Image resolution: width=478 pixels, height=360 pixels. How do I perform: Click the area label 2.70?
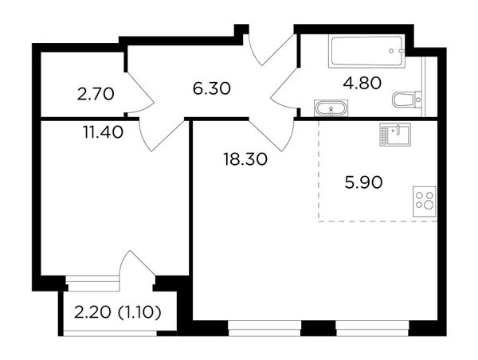[96, 94]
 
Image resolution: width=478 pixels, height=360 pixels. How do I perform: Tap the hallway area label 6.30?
[212, 88]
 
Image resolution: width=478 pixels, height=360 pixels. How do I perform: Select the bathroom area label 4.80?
[362, 83]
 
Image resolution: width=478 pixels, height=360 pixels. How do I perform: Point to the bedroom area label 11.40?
[103, 132]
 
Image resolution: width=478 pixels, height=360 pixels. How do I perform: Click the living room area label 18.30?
[245, 159]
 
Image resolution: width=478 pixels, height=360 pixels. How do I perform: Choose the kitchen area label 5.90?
[364, 182]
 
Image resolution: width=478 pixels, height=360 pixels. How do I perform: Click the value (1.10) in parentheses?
[139, 312]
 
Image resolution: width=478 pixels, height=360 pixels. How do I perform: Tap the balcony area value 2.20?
[92, 312]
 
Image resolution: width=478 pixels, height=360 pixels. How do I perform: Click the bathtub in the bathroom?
[366, 51]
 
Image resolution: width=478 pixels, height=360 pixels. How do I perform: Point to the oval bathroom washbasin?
[331, 108]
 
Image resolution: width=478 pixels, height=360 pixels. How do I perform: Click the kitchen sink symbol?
[395, 135]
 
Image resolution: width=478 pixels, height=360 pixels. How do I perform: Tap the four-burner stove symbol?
[424, 202]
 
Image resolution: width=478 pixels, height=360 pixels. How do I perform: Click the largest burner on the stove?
[429, 205]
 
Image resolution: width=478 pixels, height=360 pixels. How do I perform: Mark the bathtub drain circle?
[391, 51]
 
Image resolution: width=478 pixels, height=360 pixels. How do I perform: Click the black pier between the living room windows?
[318, 328]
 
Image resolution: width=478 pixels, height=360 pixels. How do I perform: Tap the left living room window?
[264, 328]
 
